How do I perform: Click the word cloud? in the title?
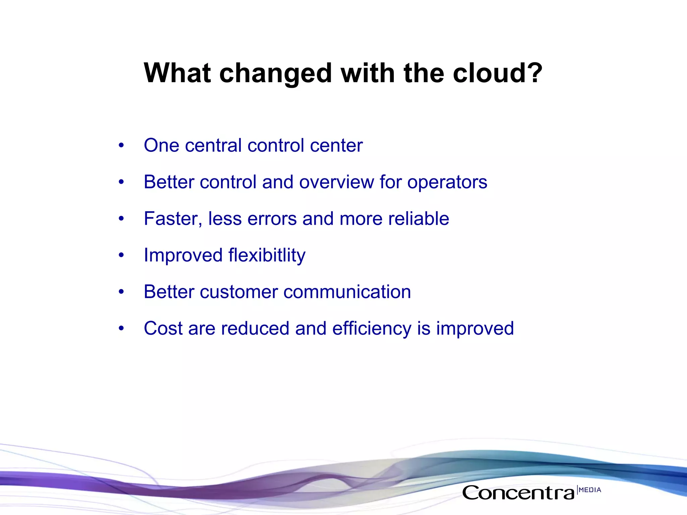coord(497,73)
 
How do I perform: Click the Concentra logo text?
coord(519,493)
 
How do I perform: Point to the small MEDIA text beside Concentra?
coord(590,490)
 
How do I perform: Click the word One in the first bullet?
coord(161,146)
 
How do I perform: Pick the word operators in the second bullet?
coord(447,182)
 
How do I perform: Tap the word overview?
coord(336,182)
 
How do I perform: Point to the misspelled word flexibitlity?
coord(267,255)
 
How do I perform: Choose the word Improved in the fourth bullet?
coord(183,255)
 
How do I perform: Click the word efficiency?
coord(372,329)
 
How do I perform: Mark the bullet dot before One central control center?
coord(121,146)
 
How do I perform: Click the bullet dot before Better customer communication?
coord(121,292)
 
